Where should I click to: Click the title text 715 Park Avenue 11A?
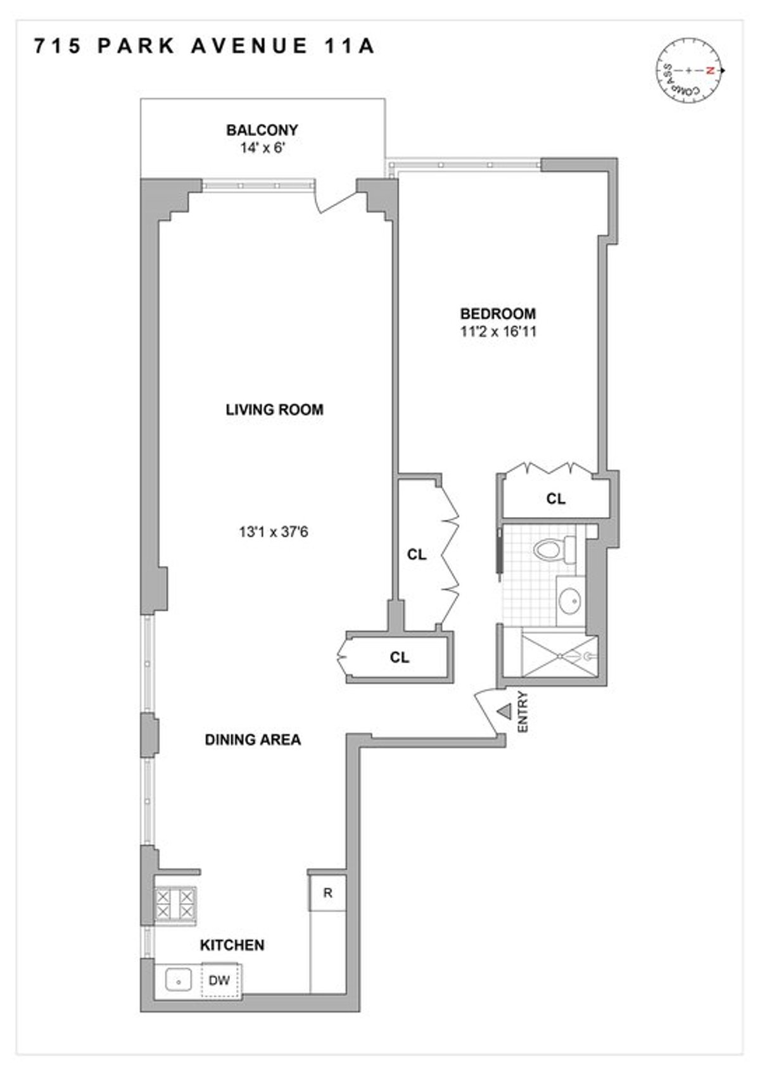click(205, 47)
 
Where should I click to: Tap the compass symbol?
click(688, 70)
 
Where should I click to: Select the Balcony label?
click(262, 130)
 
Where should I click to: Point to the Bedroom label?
click(498, 313)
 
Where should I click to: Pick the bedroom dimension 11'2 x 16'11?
click(498, 331)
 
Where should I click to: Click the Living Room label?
click(274, 409)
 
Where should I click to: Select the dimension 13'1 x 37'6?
click(273, 532)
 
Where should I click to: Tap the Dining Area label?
click(253, 739)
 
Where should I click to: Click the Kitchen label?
click(232, 945)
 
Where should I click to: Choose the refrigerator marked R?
click(327, 894)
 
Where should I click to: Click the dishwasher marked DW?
click(219, 981)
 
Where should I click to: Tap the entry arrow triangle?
click(504, 712)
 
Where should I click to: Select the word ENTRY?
click(522, 713)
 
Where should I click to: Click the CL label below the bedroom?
click(555, 499)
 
